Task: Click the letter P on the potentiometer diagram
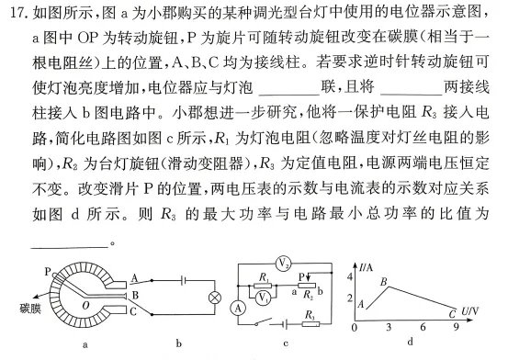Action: pos(46,272)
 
